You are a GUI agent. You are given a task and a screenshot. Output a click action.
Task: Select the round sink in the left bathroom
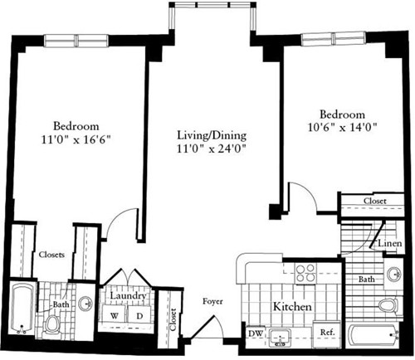85,303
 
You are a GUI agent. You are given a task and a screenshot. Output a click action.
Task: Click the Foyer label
213,302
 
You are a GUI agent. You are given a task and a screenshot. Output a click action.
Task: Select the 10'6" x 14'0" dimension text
342,129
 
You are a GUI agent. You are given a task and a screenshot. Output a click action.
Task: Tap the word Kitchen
293,307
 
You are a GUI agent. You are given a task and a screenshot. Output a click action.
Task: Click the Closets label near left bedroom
54,255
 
